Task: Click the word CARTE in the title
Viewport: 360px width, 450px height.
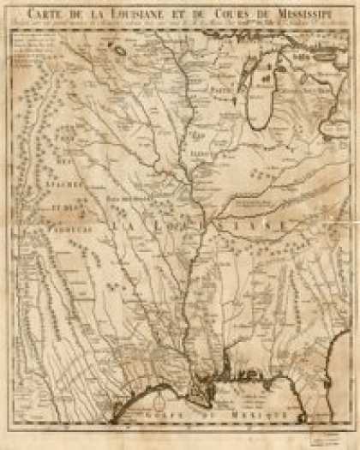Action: [48, 13]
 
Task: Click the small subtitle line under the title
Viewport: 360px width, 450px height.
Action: [180, 24]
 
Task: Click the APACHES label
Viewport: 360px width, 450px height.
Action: [59, 183]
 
